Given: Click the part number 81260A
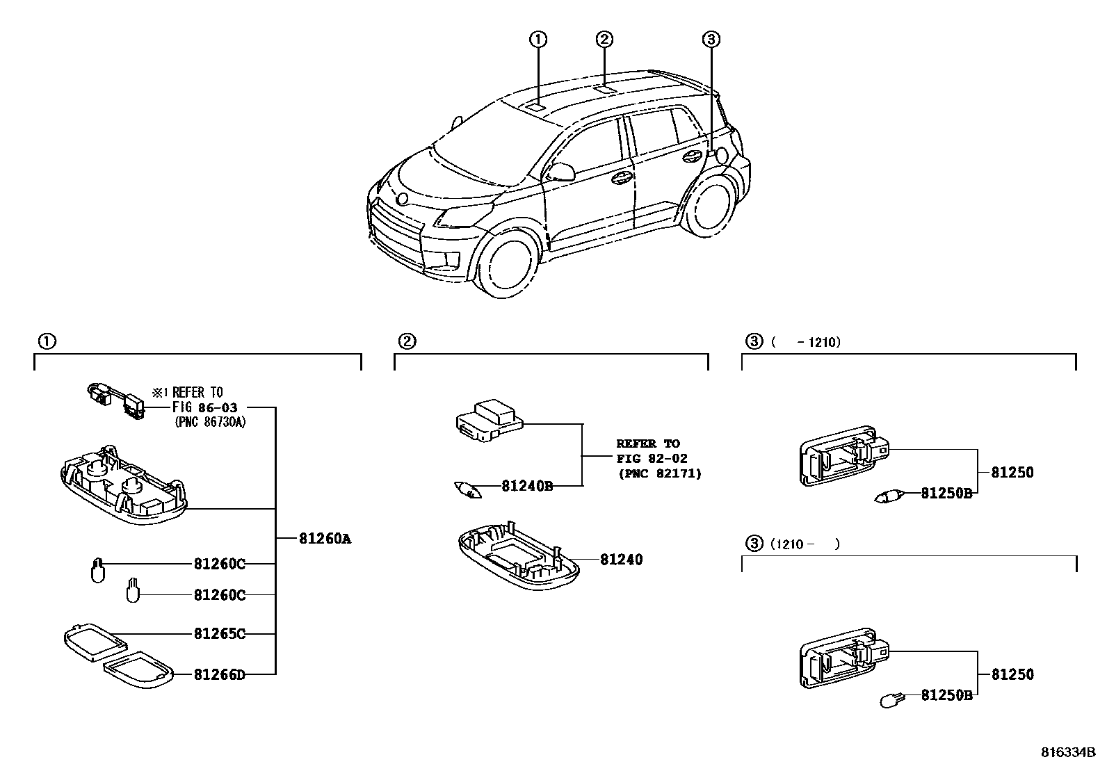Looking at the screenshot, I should [325, 538].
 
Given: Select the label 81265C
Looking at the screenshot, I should [219, 634].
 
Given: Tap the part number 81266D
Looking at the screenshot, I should [219, 674].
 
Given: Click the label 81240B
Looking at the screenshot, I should [527, 486].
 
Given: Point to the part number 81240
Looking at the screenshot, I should [622, 559].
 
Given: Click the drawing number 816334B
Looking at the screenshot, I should [1067, 753].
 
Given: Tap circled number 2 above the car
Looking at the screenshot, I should [604, 40].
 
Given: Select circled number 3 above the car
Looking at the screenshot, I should [710, 40].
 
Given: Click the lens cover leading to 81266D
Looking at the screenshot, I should [137, 670].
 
